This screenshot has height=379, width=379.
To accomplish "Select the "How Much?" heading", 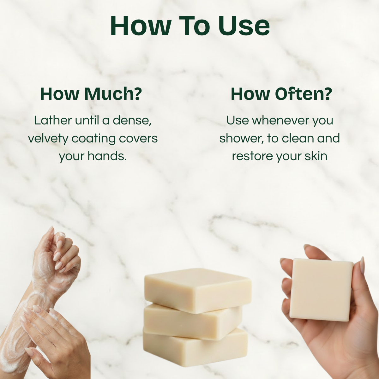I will point(91,94).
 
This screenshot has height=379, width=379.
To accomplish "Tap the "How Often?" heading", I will point(281,94).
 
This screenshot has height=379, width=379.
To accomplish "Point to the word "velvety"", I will point(48,139).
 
